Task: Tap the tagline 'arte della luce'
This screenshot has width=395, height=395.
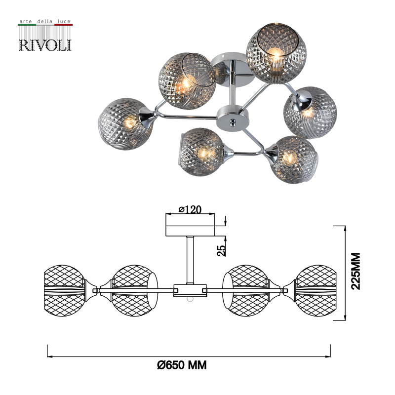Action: pos(45,22)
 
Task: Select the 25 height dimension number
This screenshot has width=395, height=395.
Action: pos(222,250)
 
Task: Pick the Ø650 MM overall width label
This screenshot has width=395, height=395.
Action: pos(181,365)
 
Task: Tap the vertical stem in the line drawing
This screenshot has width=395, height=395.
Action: pos(190,259)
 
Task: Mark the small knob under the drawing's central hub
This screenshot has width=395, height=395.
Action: pos(188,299)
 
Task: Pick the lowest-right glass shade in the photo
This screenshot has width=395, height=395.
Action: pos(294,159)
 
